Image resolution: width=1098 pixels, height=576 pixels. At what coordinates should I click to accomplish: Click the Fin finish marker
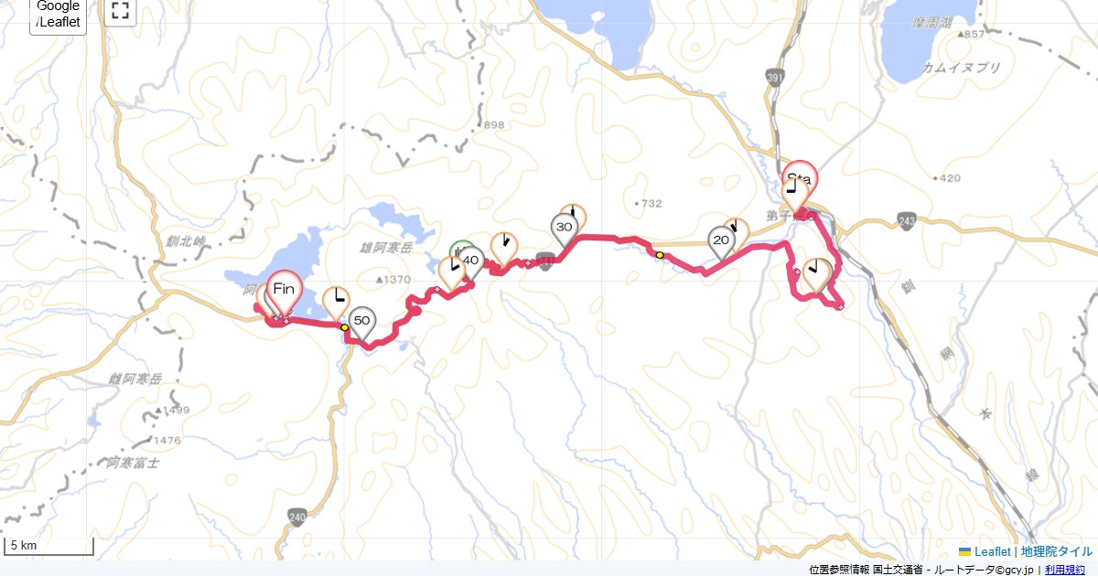(x=285, y=291)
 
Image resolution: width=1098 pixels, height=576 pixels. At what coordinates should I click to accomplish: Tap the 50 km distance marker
(x=362, y=321)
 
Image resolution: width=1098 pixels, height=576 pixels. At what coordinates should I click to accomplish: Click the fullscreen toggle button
(x=119, y=11)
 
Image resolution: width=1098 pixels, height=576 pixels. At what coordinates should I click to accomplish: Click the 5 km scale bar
(x=49, y=547)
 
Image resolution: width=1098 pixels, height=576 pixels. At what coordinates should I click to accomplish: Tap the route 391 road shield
(x=776, y=80)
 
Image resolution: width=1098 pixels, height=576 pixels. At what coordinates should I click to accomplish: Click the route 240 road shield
(x=297, y=517)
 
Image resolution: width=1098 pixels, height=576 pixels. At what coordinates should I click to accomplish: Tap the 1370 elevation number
(x=394, y=279)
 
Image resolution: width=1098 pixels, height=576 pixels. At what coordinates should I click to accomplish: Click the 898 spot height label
(x=494, y=125)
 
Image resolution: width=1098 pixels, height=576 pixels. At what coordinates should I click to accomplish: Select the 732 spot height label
(x=651, y=203)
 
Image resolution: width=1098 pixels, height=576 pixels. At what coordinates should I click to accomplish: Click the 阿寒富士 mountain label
(x=133, y=463)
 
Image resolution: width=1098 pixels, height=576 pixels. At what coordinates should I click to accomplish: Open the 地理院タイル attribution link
(x=1056, y=551)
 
